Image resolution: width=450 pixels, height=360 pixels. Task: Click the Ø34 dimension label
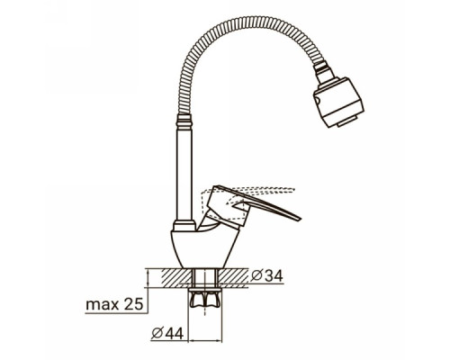coord(266,276)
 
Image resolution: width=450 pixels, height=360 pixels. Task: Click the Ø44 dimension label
coord(167,333)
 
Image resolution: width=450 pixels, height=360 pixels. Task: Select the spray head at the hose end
coord(338,102)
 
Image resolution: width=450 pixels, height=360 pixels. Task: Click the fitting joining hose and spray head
coord(323,71)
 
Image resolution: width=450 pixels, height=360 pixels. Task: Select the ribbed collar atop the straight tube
coord(184,121)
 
